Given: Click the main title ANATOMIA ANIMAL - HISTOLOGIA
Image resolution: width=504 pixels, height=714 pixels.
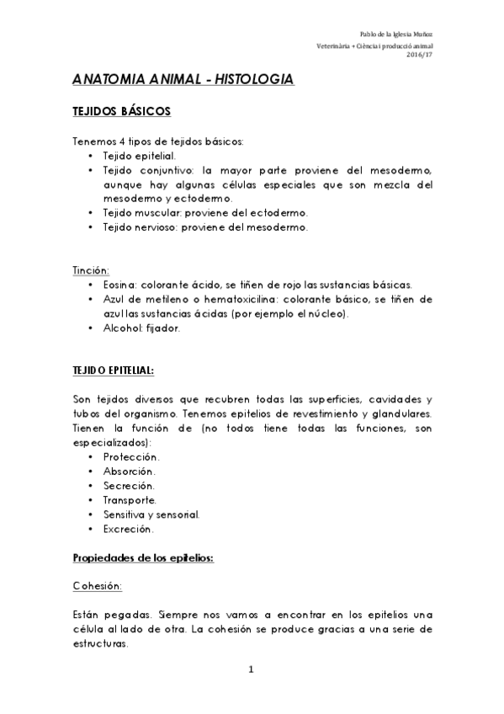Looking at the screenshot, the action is click(x=183, y=80).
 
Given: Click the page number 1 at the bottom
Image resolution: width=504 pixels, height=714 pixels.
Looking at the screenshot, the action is click(x=251, y=669).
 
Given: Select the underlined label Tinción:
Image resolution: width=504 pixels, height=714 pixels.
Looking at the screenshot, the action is click(x=91, y=270).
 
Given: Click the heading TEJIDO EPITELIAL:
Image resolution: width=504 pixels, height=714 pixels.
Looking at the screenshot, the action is click(x=114, y=370).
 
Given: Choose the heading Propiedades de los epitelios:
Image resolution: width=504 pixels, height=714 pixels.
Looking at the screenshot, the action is click(x=143, y=558).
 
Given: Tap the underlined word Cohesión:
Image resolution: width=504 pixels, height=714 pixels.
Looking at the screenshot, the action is click(x=98, y=585).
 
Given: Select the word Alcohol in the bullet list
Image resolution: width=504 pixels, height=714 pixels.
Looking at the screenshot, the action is click(x=122, y=328).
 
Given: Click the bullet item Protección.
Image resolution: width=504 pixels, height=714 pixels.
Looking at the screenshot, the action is click(x=130, y=456).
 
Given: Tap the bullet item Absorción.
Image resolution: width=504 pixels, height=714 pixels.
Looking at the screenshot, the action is click(x=129, y=471).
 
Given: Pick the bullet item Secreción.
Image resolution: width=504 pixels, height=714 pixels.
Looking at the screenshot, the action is click(x=128, y=486).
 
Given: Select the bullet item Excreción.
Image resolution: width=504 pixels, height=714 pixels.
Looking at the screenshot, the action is click(x=128, y=529).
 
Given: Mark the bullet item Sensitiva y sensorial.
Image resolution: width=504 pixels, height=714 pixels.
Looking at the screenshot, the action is click(x=151, y=514).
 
